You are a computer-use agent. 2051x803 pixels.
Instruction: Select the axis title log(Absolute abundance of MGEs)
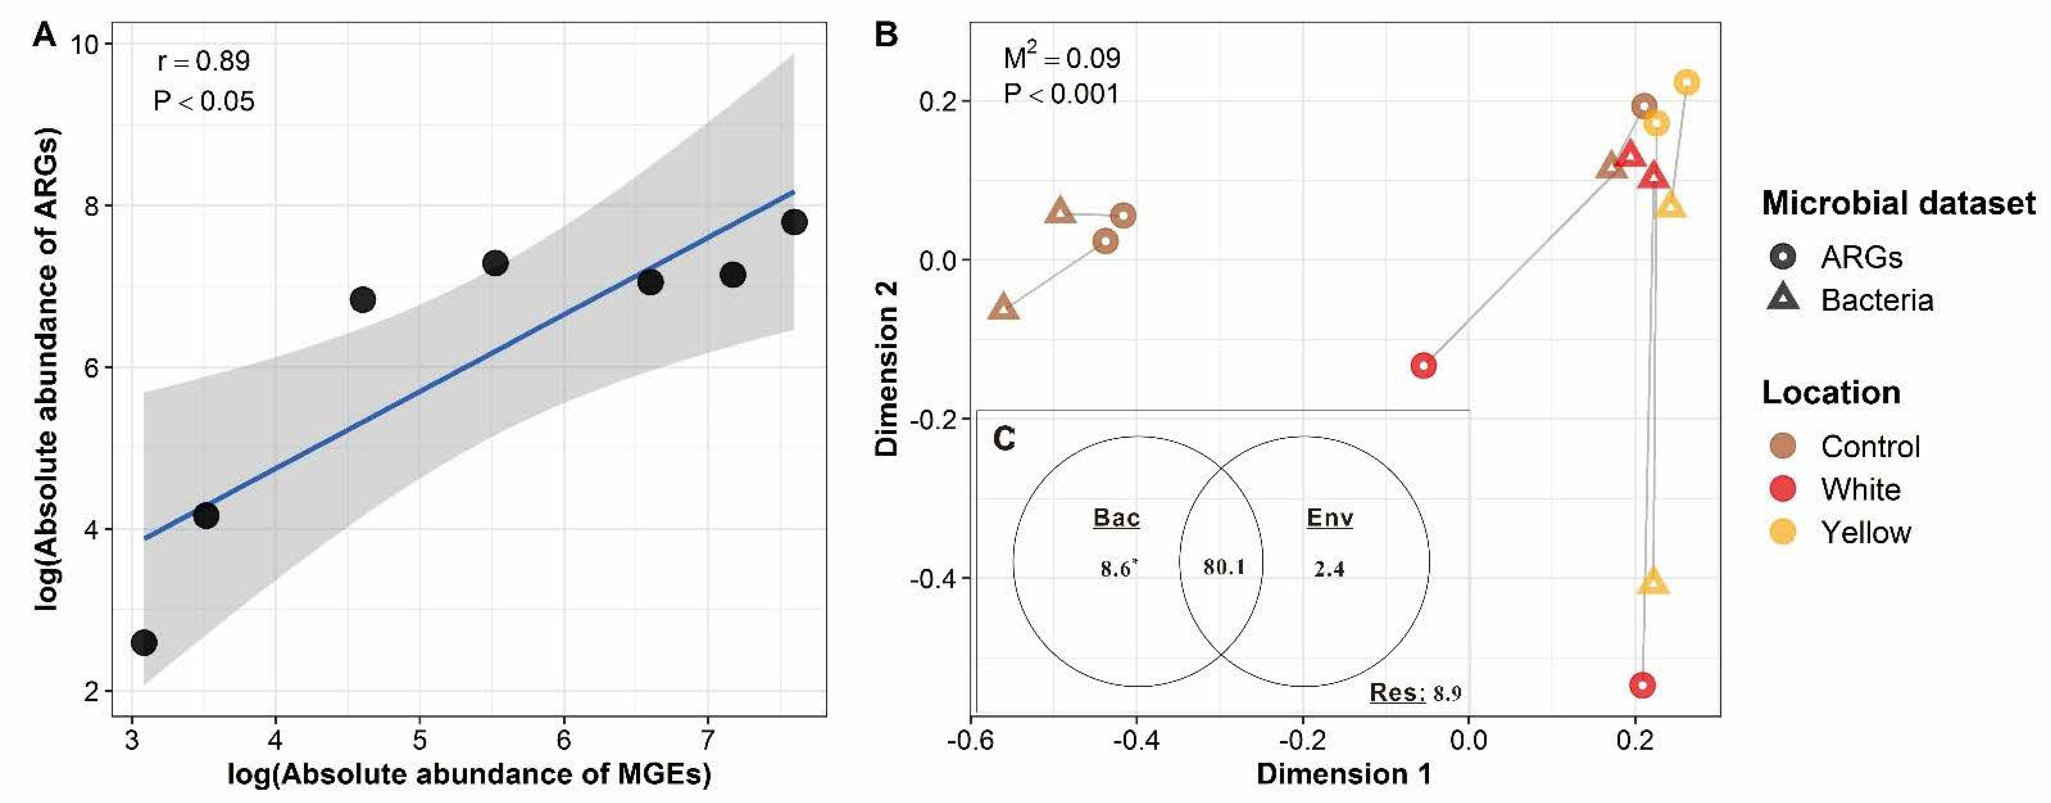pyautogui.click(x=469, y=774)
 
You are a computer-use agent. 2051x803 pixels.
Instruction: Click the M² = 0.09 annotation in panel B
pyautogui.click(x=1061, y=58)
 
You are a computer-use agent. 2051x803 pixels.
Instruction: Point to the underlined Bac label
pyautogui.click(x=1116, y=518)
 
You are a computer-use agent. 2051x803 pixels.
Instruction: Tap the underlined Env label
pyautogui.click(x=1330, y=518)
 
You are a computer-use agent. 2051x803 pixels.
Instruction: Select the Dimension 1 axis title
pyautogui.click(x=1344, y=774)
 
